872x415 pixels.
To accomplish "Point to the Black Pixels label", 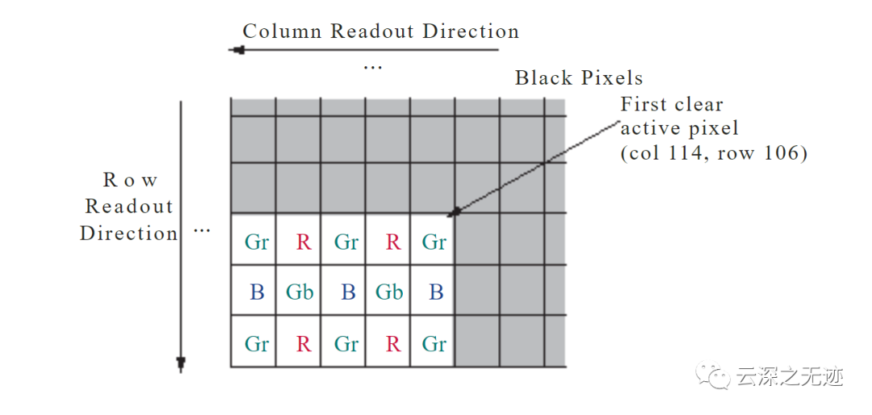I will [579, 78].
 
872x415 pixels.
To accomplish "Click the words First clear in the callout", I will [672, 104].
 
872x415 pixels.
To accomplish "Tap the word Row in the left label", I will [130, 180].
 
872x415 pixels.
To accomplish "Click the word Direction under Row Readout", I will [128, 233].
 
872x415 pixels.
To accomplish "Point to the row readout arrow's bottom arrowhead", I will [181, 363].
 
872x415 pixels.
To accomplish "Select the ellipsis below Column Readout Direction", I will [372, 66].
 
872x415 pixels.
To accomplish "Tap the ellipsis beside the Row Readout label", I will [201, 230].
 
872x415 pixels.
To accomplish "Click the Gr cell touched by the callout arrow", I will [434, 241].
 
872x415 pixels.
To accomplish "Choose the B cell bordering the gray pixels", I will [436, 292].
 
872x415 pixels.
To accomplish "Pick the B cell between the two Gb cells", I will [347, 292].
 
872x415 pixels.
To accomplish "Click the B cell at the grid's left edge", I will [257, 292].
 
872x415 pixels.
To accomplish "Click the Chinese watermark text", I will [789, 377].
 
